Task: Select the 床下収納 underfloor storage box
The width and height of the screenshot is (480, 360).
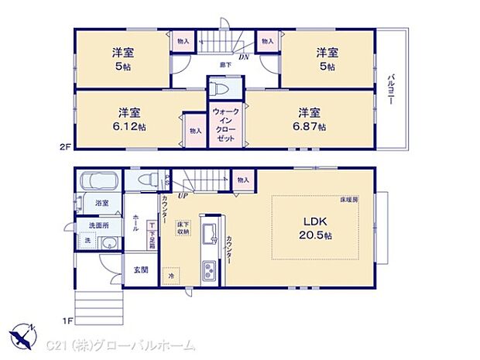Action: click(x=183, y=227)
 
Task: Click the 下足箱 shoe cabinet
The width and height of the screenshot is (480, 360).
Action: click(x=153, y=231)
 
